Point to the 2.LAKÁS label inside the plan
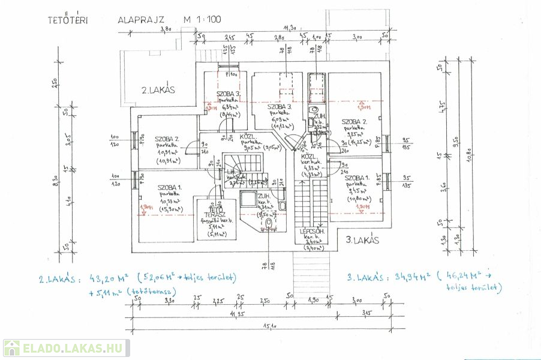click(x=158, y=91)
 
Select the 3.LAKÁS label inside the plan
click(x=363, y=240)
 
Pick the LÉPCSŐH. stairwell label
click(x=312, y=231)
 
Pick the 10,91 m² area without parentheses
click(x=164, y=152)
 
